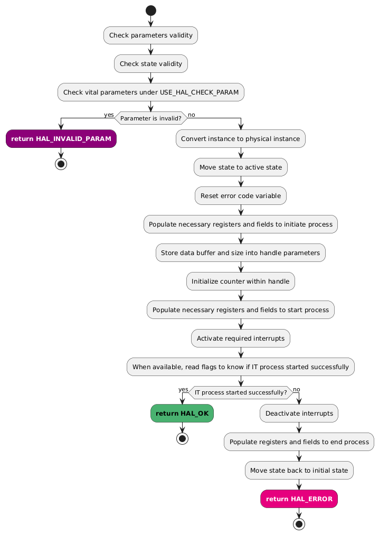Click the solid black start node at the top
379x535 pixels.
coord(151,10)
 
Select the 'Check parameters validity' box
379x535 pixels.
coord(151,35)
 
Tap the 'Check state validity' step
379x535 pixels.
coord(151,64)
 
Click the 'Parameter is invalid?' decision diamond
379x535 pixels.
coord(151,118)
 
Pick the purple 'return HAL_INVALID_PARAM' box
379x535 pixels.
coord(61,138)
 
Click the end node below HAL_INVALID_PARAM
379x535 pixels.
coord(61,163)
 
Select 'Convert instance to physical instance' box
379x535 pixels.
coord(241,138)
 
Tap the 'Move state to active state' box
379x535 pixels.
coord(241,167)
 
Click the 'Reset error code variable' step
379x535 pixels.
coord(241,195)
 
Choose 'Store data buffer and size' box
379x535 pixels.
coord(241,252)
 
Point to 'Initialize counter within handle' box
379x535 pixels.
coord(241,281)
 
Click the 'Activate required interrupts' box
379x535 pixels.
coord(241,338)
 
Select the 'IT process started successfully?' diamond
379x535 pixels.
coord(241,392)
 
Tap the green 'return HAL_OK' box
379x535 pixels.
coord(182,413)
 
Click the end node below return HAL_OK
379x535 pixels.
coord(182,438)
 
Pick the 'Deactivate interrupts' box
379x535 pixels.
coord(299,413)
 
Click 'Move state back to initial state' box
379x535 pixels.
coord(299,470)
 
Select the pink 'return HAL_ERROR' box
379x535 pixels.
coord(299,499)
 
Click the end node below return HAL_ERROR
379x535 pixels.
coord(299,523)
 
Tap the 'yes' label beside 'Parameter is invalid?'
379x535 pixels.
coord(109,115)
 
